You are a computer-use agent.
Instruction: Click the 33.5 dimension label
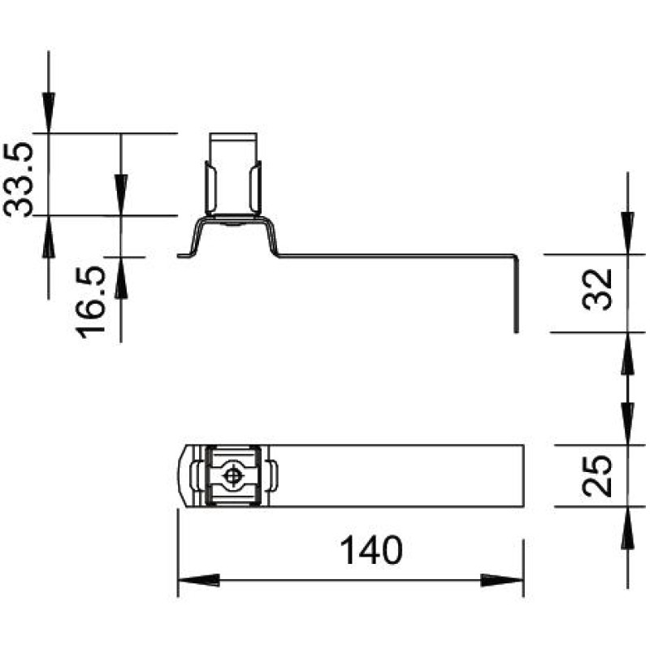point(17,180)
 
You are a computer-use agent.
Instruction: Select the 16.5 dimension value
point(90,302)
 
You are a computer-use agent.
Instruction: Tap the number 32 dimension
point(597,289)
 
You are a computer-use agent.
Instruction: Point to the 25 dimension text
point(597,476)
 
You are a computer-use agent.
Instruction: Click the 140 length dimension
point(371,550)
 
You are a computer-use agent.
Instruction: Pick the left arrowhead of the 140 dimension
point(199,580)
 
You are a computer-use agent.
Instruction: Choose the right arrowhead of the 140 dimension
point(502,580)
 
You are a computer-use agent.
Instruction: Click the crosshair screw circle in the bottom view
point(232,476)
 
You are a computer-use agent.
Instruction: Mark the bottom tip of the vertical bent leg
point(516,332)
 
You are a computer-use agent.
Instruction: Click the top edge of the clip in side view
point(233,133)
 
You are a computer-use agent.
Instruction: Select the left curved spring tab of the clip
point(211,188)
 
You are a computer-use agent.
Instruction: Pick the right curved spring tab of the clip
point(256,188)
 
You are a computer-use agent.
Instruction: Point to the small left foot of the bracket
point(185,255)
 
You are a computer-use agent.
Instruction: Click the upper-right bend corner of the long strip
point(516,257)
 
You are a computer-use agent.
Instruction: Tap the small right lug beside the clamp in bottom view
point(274,476)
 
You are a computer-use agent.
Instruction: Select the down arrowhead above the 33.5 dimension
point(49,113)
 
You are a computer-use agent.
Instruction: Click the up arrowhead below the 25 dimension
point(628,527)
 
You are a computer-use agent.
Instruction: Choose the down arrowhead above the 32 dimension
point(628,233)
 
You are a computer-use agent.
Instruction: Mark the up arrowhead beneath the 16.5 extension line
point(121,278)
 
